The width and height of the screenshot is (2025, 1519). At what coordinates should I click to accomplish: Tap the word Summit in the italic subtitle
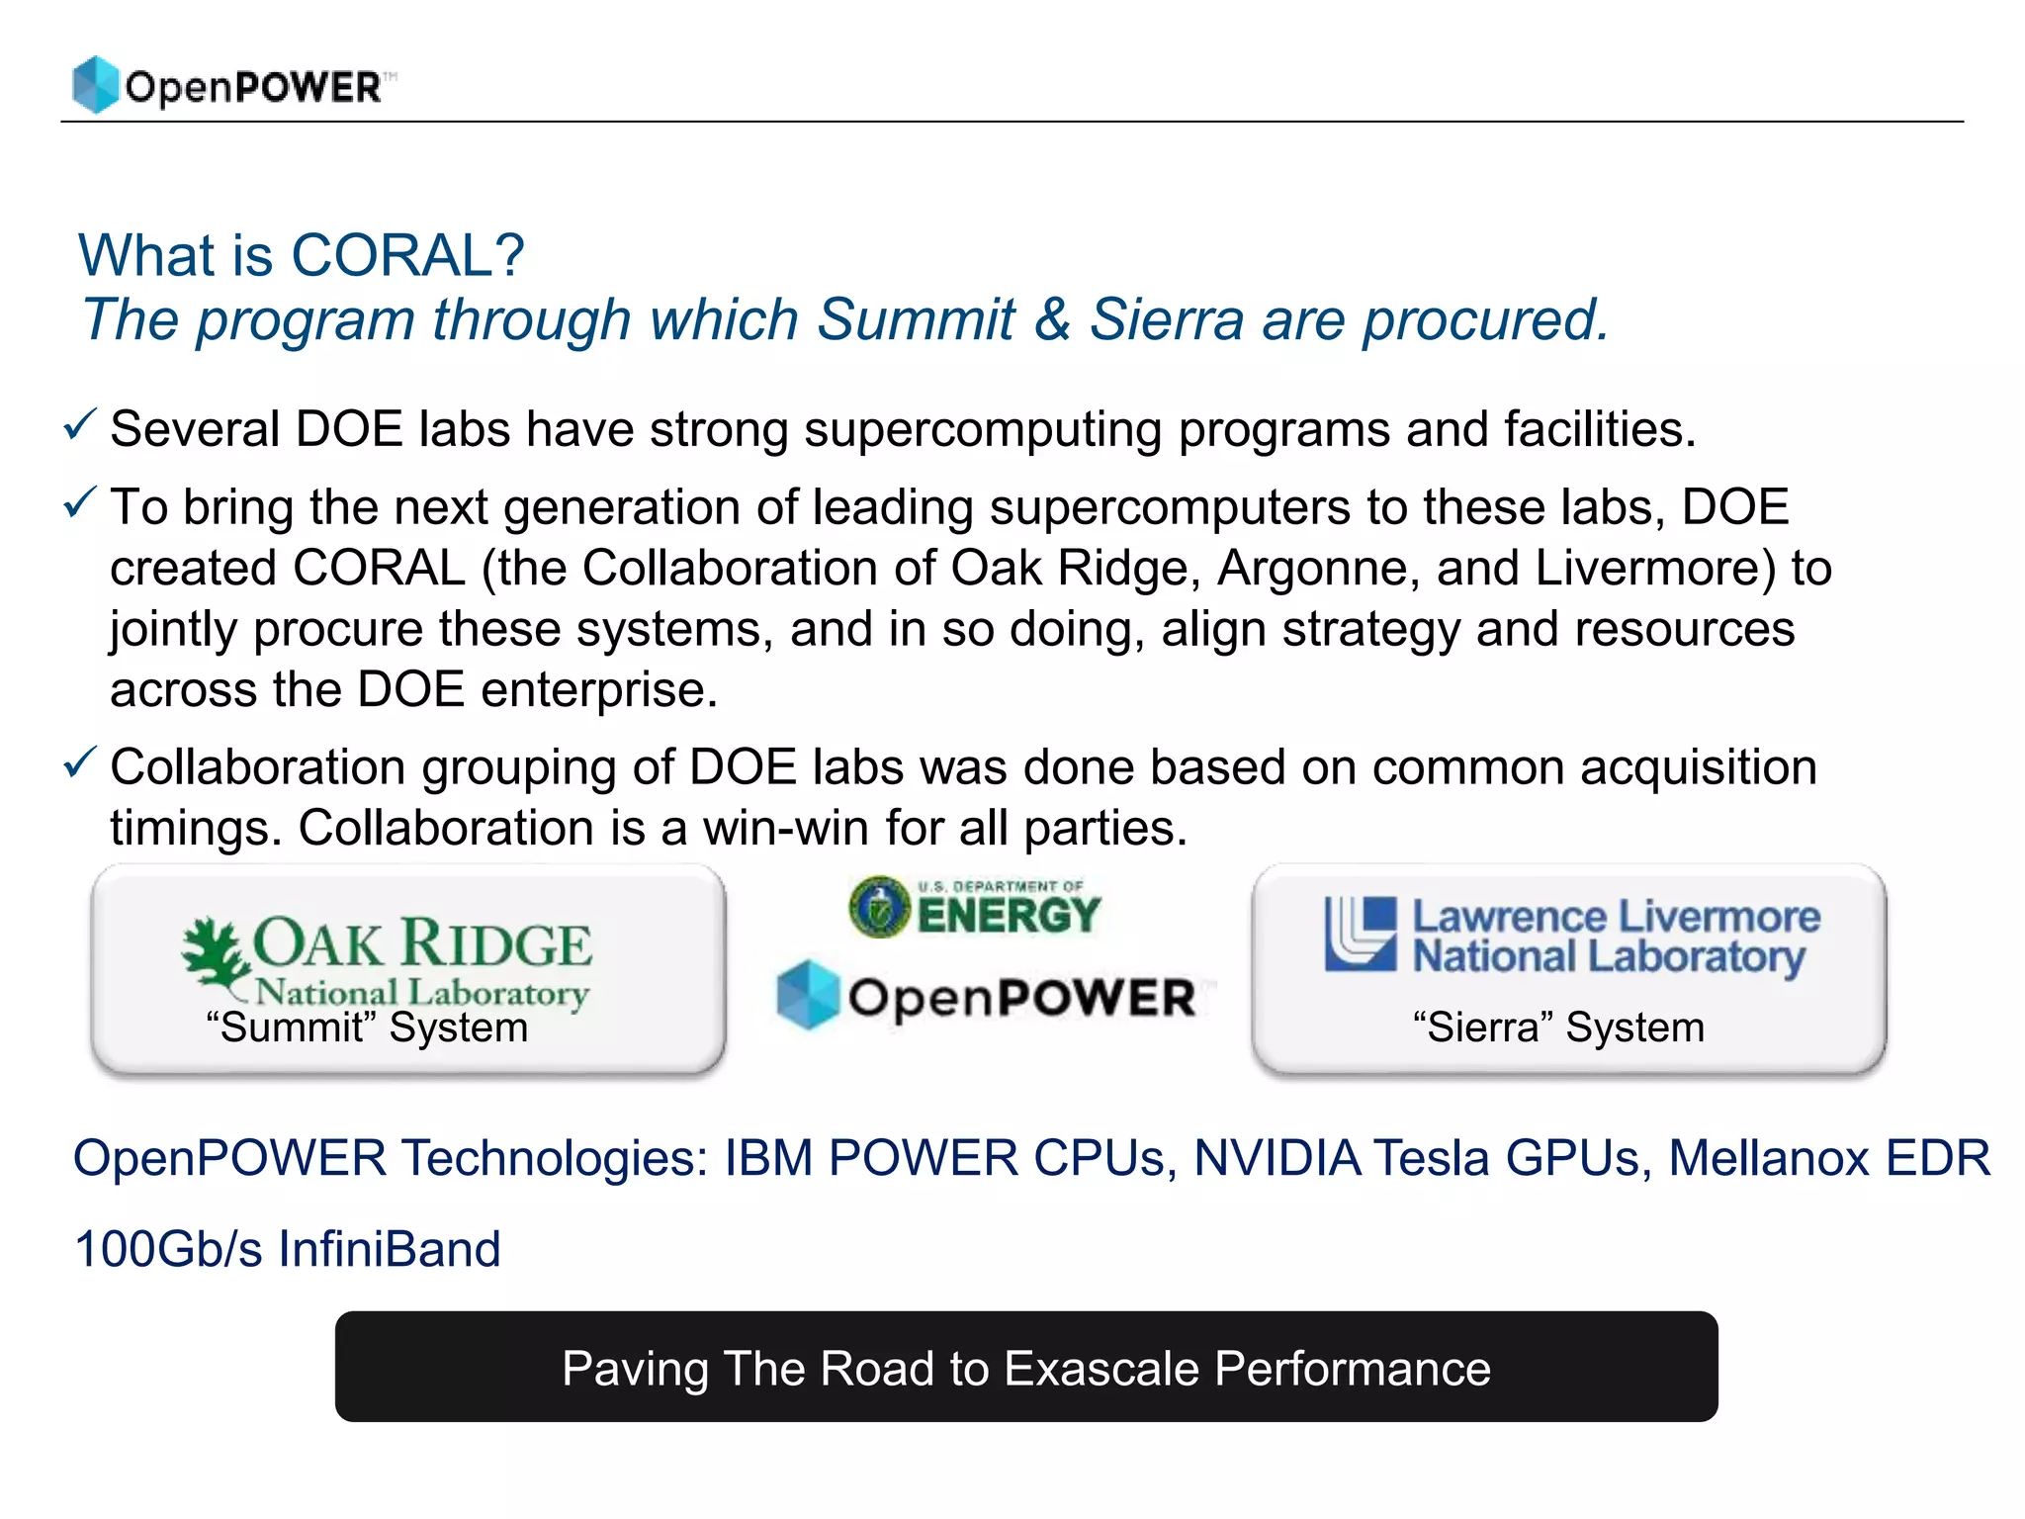(916, 319)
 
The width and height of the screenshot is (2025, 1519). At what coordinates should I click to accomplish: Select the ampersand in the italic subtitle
(1052, 319)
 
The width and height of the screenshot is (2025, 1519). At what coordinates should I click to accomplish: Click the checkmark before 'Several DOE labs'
(79, 425)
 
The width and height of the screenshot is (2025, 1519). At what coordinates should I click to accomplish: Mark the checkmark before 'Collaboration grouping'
(79, 762)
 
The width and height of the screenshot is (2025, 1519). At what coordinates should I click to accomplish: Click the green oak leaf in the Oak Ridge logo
(213, 951)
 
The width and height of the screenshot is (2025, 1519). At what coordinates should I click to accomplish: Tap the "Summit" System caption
(367, 1028)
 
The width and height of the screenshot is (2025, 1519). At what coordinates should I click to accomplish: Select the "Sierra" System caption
(1558, 1028)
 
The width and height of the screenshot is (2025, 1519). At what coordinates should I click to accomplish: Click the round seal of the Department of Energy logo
(879, 907)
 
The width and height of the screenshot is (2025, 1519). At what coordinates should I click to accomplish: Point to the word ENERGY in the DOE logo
(1009, 915)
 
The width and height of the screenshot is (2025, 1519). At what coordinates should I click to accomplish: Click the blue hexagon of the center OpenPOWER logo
(808, 995)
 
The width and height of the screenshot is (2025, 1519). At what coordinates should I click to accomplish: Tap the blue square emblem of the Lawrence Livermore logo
(1361, 934)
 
